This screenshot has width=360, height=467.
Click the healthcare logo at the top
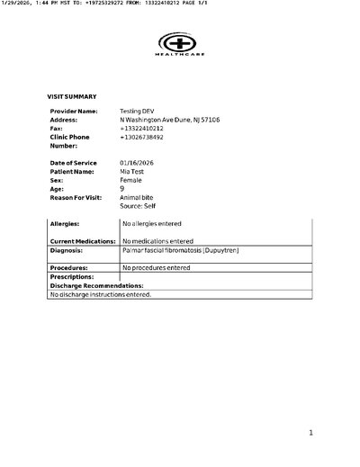tap(180, 45)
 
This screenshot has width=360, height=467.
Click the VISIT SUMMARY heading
tap(71, 96)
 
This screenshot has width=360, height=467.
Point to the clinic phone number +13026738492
tap(142, 137)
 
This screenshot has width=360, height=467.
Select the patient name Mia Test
tap(132, 171)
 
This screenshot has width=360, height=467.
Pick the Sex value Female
tap(130, 180)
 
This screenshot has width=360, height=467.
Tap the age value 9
tap(122, 188)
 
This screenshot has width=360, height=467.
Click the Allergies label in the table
tap(65, 222)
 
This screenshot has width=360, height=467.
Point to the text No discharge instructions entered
tap(101, 294)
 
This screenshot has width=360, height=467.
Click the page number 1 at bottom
tap(310, 433)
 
